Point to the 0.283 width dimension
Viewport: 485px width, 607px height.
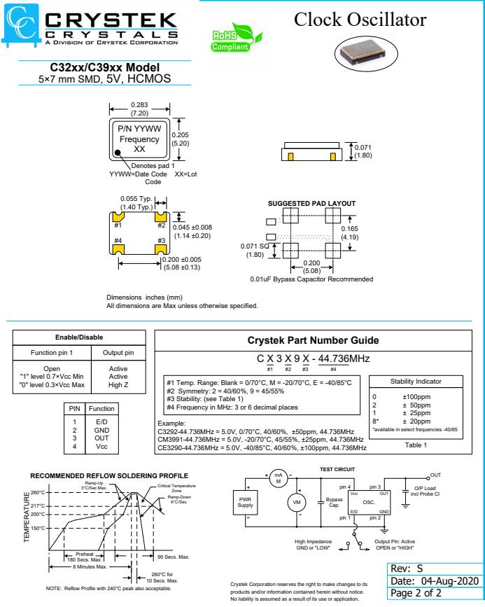tap(139, 105)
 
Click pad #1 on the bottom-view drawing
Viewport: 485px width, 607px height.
tap(118, 218)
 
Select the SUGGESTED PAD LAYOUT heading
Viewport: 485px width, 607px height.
tap(311, 203)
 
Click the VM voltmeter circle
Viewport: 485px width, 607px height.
tap(296, 502)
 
